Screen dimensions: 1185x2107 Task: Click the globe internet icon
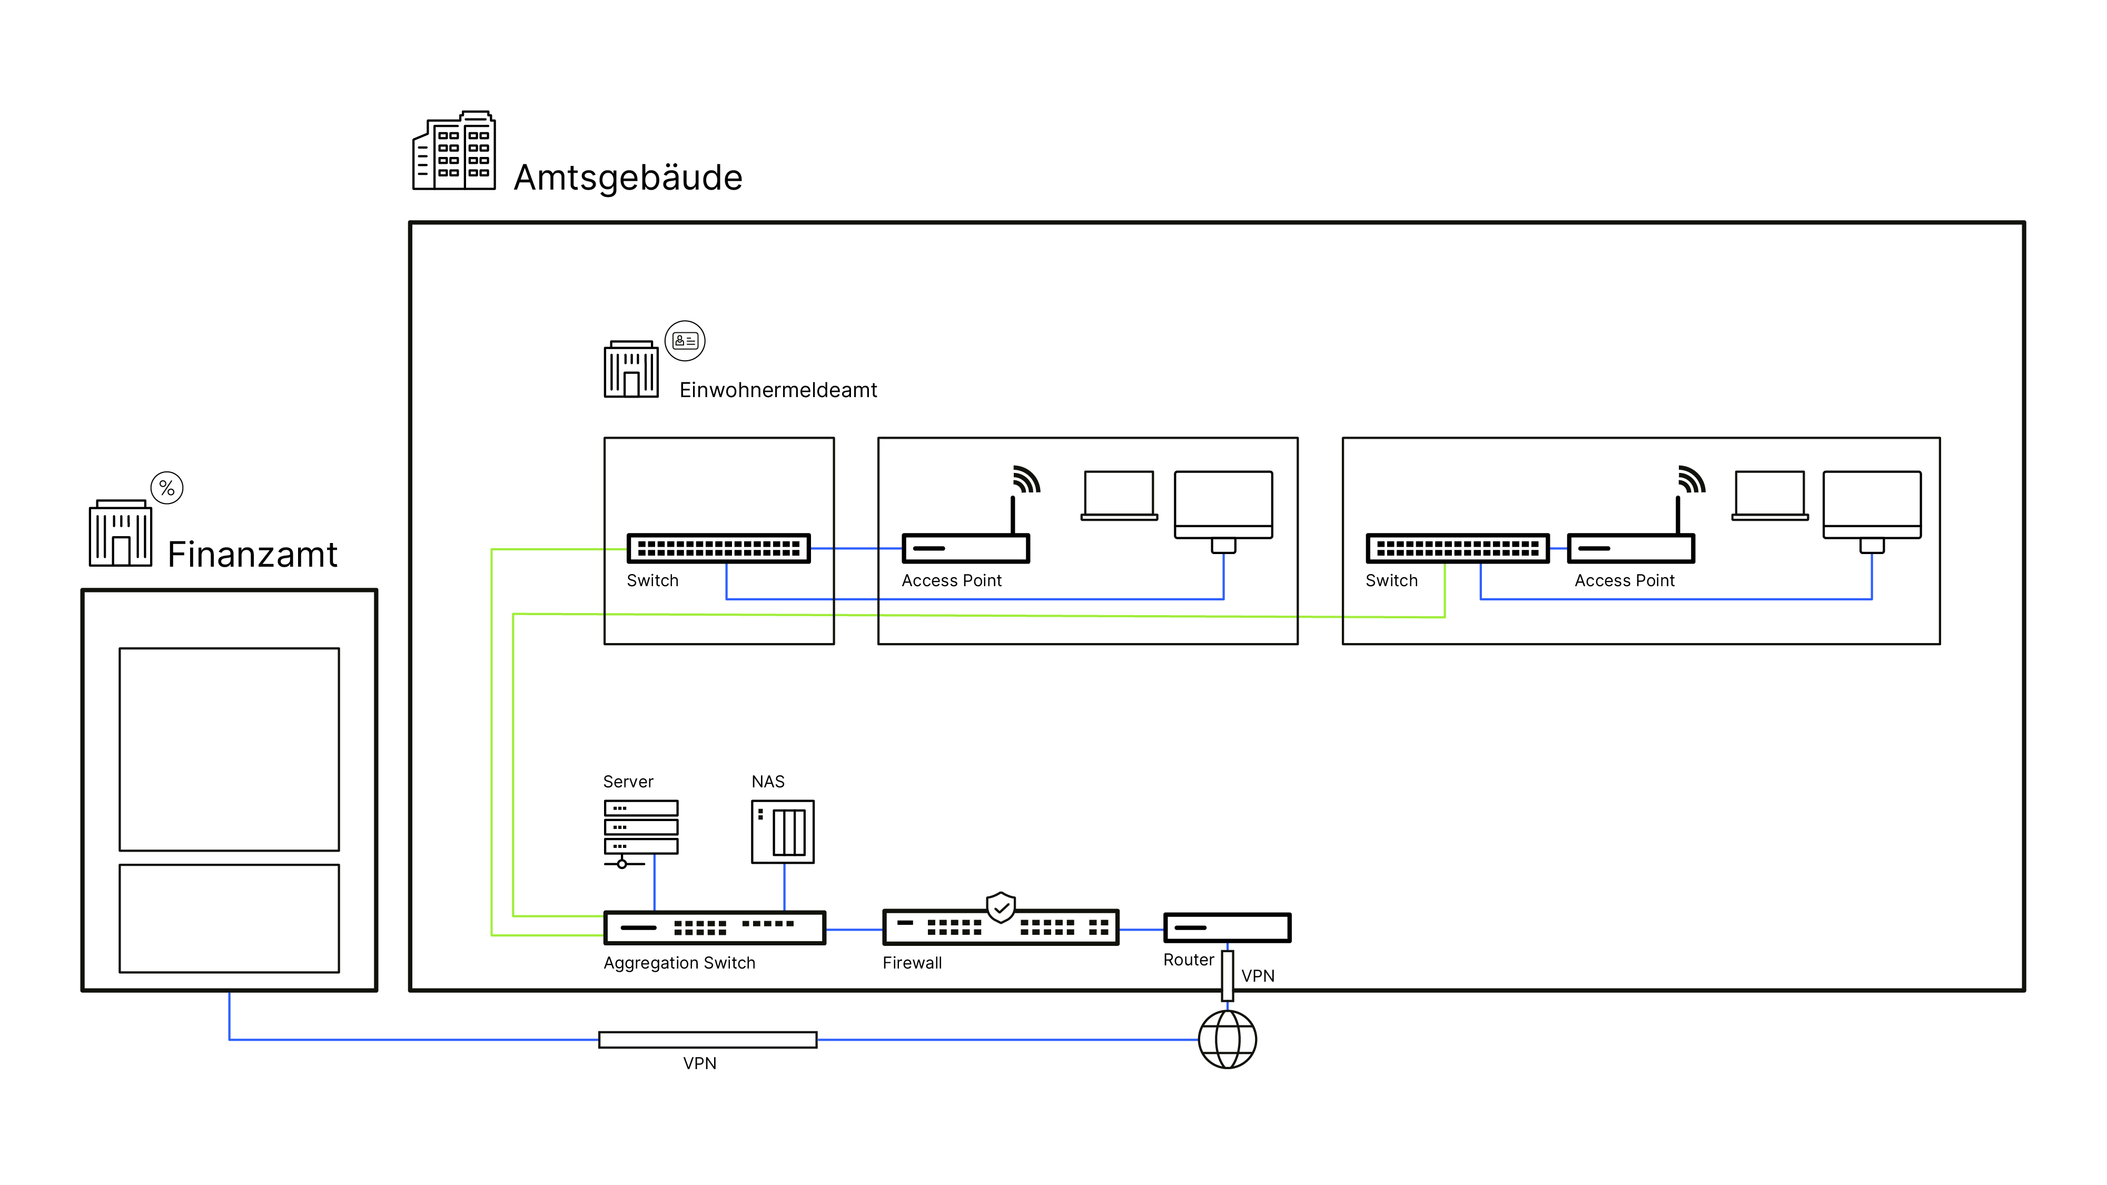click(x=1227, y=1040)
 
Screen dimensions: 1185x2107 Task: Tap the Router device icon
click(x=1227, y=927)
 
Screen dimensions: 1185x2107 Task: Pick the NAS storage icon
click(x=783, y=832)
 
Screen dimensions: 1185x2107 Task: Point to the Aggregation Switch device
click(x=714, y=927)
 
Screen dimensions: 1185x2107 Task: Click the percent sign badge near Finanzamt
click(x=167, y=488)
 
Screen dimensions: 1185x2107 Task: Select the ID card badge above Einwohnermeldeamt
click(x=685, y=341)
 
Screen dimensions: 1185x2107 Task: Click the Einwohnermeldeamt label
click(x=778, y=390)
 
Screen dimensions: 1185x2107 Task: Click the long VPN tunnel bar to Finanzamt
click(x=708, y=1040)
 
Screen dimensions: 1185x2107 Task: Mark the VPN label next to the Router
click(x=1257, y=975)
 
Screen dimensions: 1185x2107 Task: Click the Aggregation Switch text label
click(x=679, y=963)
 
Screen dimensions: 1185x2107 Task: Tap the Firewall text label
click(x=912, y=963)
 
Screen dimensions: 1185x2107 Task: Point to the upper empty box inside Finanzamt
click(x=229, y=749)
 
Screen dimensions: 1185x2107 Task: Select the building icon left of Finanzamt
click(x=120, y=532)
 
